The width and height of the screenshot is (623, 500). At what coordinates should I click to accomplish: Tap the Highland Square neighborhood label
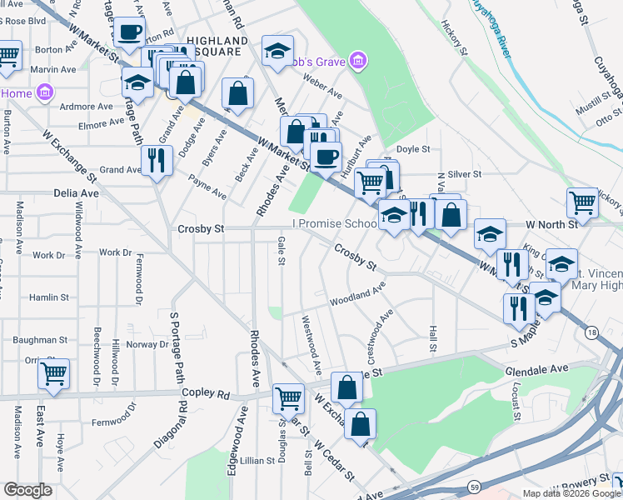(217, 46)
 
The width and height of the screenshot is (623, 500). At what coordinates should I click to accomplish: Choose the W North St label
(551, 224)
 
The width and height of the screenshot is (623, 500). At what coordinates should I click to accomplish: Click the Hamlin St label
(48, 297)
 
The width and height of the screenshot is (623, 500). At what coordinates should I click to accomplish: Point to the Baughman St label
(40, 340)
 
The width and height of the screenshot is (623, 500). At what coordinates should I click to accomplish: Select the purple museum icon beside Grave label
(359, 60)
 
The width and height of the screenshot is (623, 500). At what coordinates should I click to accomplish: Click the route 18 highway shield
(591, 332)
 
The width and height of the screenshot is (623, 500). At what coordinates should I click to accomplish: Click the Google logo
(28, 490)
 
